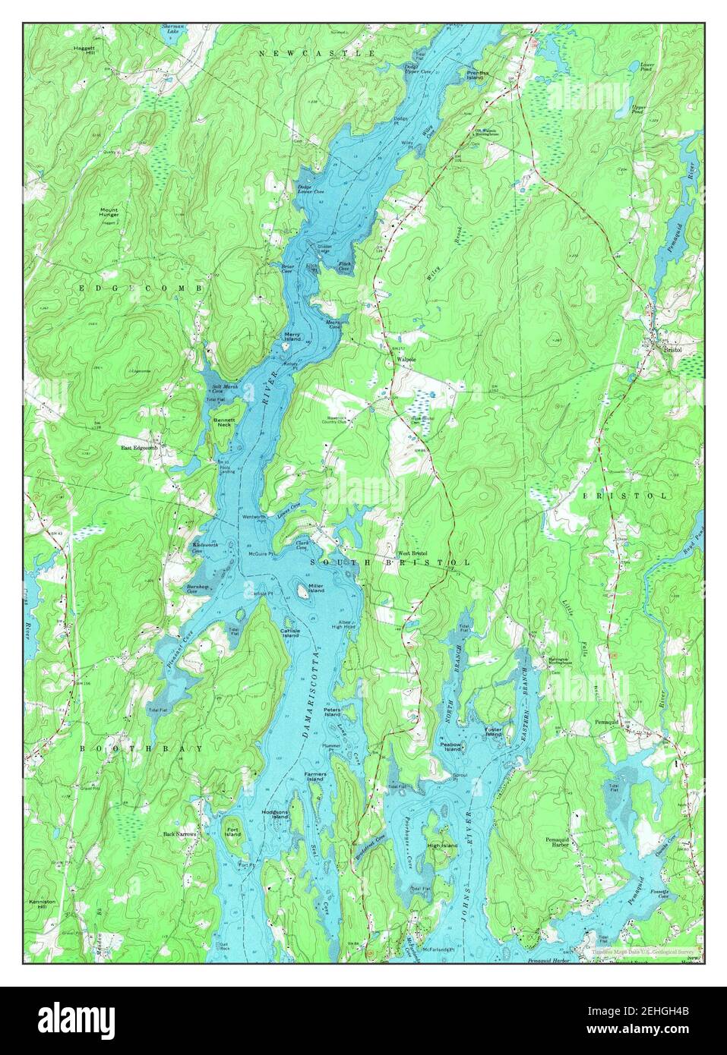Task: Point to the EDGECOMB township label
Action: (x=141, y=289)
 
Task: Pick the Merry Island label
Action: (x=293, y=335)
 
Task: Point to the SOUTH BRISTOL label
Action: (x=390, y=562)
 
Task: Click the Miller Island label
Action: (x=316, y=588)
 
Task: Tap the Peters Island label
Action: (x=333, y=713)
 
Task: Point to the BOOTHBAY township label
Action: (x=142, y=748)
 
